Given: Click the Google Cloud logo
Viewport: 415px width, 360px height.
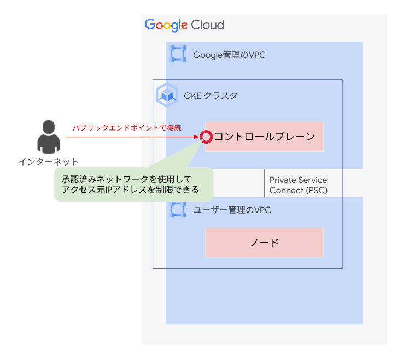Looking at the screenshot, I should (x=184, y=25).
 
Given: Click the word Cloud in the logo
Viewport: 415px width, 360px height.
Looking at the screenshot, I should (x=207, y=25).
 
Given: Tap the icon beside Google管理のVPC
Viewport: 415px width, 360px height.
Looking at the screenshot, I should (x=178, y=55).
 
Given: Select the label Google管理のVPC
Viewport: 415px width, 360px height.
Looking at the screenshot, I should (x=229, y=55).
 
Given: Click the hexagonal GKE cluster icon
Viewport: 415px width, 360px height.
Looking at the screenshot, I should (x=167, y=95).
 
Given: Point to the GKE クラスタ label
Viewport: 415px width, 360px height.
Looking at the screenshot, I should (x=211, y=96).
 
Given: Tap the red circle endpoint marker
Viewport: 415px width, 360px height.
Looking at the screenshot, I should (x=206, y=137).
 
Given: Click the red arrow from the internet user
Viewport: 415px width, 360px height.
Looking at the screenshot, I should (x=131, y=137).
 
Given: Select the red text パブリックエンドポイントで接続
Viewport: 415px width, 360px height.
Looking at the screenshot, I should (x=127, y=127).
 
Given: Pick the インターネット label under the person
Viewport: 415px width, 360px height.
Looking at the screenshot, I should (x=49, y=162).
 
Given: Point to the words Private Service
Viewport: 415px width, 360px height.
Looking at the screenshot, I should (x=298, y=180).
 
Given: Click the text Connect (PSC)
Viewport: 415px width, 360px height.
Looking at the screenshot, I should (x=298, y=191).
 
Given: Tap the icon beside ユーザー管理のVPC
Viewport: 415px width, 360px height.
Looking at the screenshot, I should (x=178, y=210).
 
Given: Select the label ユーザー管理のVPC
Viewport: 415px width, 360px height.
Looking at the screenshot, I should (x=232, y=210).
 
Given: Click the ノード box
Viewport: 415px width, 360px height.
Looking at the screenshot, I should (x=264, y=243).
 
